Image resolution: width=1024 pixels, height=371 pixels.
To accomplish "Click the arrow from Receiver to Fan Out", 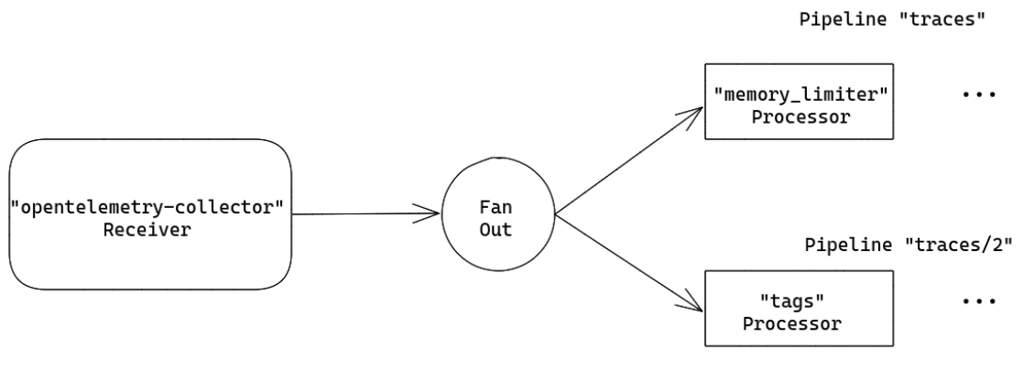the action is click(x=365, y=213).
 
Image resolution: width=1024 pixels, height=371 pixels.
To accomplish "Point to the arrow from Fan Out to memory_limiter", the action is click(x=629, y=160).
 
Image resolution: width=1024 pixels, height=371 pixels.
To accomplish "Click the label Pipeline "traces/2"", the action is click(x=909, y=246).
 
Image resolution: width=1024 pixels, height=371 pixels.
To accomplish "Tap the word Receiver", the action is click(x=147, y=230).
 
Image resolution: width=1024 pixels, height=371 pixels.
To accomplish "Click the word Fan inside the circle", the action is click(x=496, y=208).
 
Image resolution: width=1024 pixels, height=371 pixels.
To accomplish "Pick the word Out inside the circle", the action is click(x=496, y=230).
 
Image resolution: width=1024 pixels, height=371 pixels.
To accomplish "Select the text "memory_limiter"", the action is click(x=801, y=94).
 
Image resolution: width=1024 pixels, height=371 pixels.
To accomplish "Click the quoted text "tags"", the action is click(x=792, y=301).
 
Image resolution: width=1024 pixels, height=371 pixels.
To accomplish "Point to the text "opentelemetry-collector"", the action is click(x=147, y=208).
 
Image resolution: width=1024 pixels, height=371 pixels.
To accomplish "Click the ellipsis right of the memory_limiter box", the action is click(x=979, y=94).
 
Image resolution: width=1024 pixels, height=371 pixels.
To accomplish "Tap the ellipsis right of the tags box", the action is click(x=979, y=301).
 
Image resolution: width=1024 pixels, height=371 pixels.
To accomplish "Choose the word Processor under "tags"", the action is click(x=792, y=324).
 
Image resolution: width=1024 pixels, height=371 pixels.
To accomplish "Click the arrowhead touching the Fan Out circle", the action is click(x=428, y=213).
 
